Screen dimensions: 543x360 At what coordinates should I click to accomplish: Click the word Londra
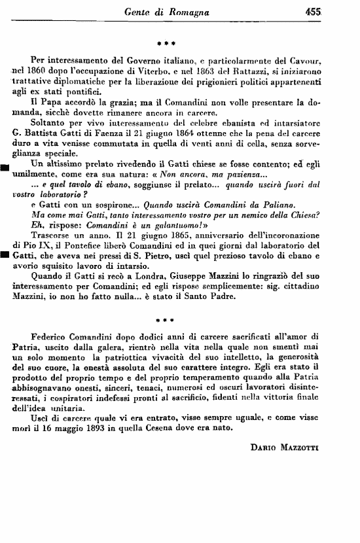click(130, 282)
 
